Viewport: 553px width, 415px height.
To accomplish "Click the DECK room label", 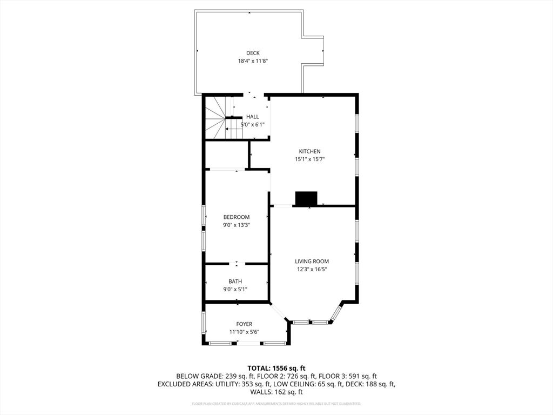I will (x=253, y=53).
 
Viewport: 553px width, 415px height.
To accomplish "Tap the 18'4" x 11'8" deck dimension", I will (x=253, y=61).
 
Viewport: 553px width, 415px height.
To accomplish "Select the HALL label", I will (x=252, y=117).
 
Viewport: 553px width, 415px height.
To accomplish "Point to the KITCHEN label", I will (x=310, y=151).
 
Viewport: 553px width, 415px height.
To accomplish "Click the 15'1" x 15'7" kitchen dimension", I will (x=310, y=159).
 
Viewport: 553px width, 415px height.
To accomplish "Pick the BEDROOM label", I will (x=237, y=217).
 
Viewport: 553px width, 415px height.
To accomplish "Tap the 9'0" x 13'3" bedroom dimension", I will (x=237, y=225).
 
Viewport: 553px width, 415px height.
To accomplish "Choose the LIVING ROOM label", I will (x=312, y=262).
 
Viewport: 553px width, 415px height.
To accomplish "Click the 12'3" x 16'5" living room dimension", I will (x=312, y=269).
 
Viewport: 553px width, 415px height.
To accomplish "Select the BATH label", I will (x=235, y=282).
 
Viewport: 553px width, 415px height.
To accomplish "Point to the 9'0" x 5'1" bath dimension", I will (x=235, y=289).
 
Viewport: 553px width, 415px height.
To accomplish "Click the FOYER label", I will (x=244, y=324).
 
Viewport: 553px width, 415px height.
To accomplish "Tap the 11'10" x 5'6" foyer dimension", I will (x=244, y=332).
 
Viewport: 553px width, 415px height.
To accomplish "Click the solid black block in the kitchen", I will (x=306, y=199).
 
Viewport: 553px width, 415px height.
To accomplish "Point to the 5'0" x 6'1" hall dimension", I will (x=252, y=124).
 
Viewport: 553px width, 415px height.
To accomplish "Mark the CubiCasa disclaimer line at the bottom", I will (x=276, y=404).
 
